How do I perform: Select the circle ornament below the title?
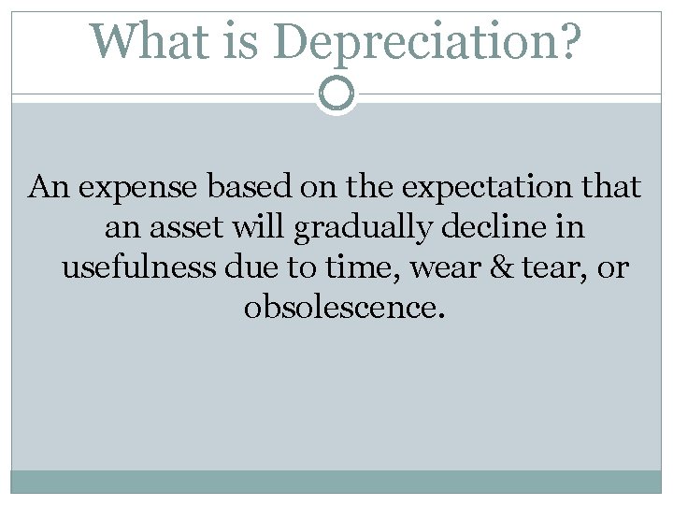[x=336, y=94]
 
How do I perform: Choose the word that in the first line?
[x=613, y=188]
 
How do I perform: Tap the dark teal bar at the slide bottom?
[x=336, y=481]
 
